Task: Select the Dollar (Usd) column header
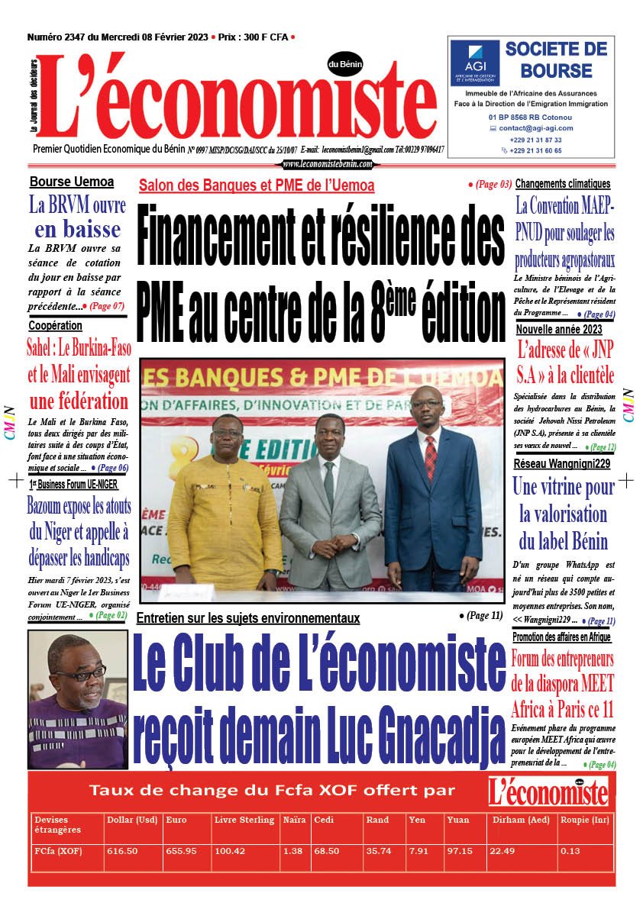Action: (132, 820)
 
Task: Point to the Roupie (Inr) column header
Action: (586, 820)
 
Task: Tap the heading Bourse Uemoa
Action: (72, 182)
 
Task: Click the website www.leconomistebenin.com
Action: (328, 163)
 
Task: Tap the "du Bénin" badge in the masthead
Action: (345, 64)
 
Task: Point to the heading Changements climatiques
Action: (563, 184)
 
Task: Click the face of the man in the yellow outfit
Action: (228, 430)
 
